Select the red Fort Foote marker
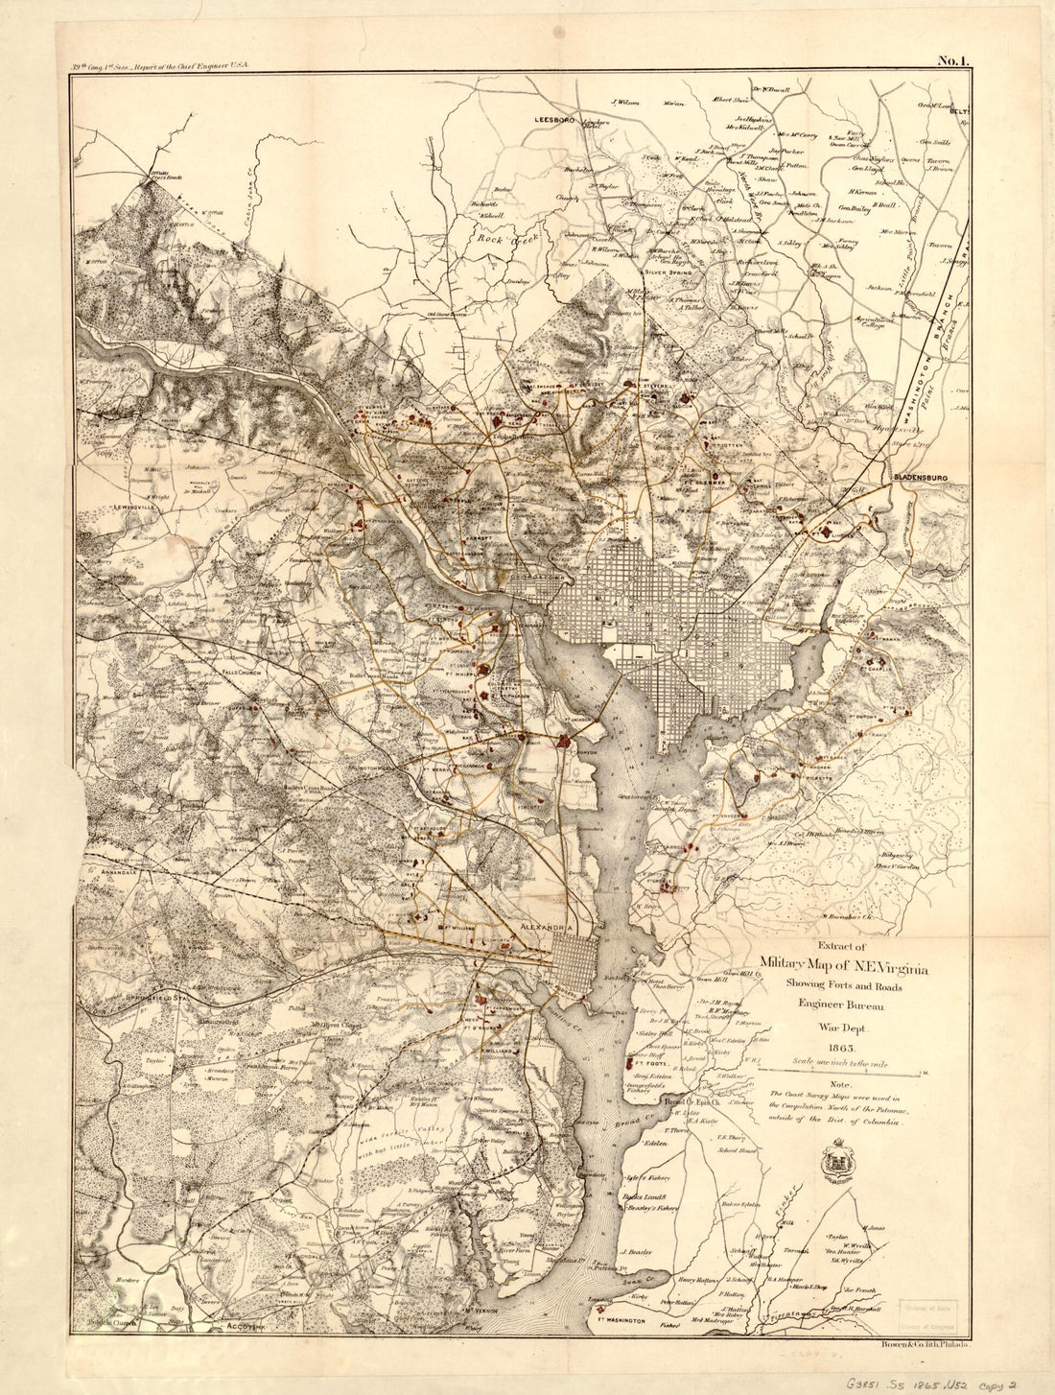coord(632,1064)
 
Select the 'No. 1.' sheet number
coord(954,61)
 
